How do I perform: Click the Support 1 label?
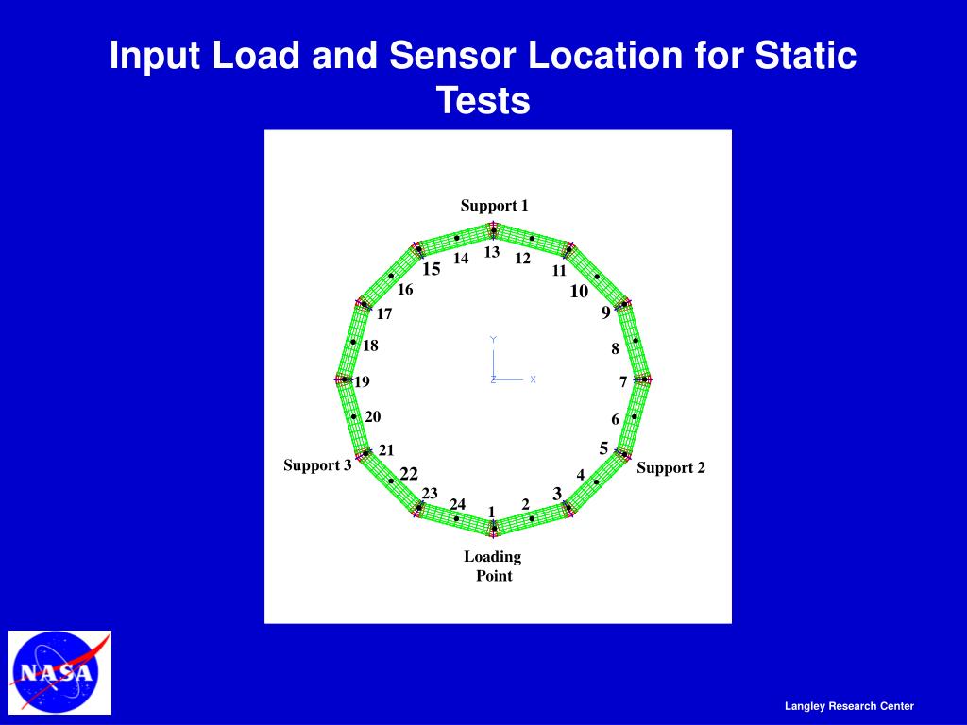[494, 206]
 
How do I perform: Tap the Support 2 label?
[670, 467]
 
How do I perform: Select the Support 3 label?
[317, 465]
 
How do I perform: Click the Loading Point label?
[493, 565]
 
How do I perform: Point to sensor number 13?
[492, 252]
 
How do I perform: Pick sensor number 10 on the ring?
[579, 292]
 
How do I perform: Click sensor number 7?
[623, 382]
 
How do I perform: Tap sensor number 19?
[362, 382]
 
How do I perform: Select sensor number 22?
[409, 474]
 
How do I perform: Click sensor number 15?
[432, 269]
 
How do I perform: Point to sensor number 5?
[603, 447]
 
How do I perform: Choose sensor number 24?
[458, 504]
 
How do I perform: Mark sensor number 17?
[384, 314]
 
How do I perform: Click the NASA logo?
[59, 672]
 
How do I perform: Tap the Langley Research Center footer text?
[849, 706]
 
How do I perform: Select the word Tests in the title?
[483, 100]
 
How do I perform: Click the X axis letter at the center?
[533, 379]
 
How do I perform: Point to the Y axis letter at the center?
[493, 340]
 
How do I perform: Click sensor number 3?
[557, 494]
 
